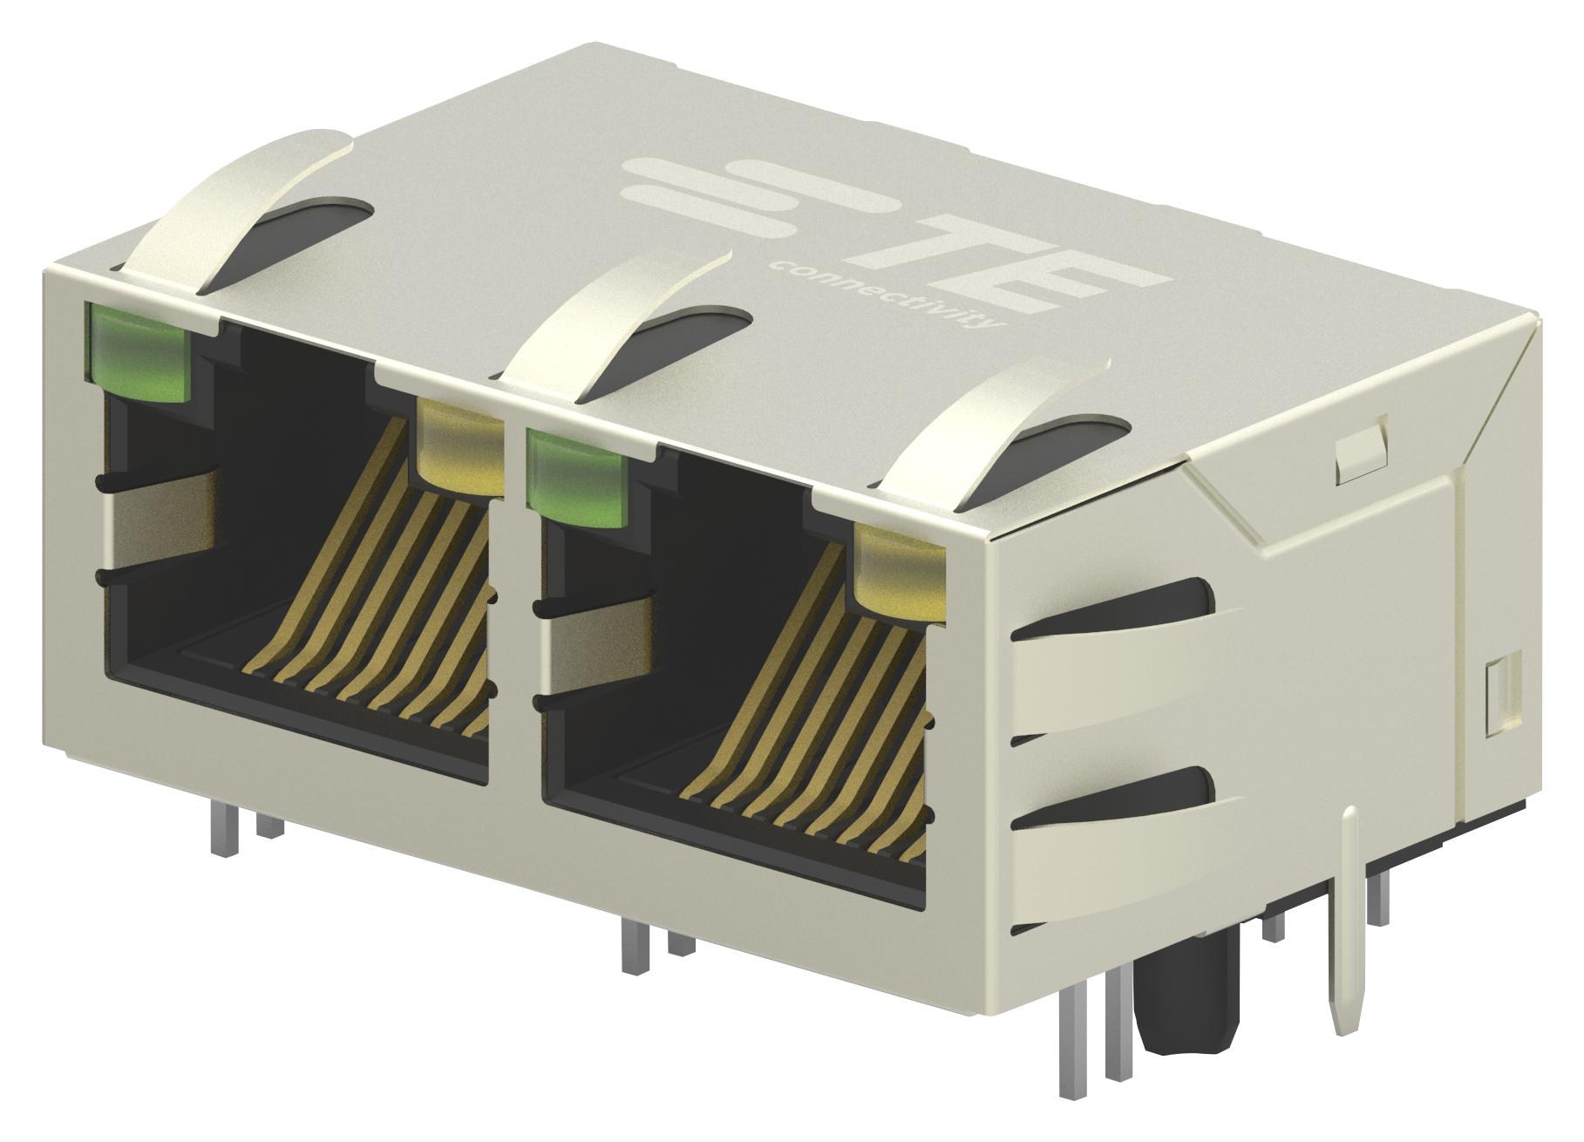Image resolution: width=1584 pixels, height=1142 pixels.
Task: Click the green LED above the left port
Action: (137, 351)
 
